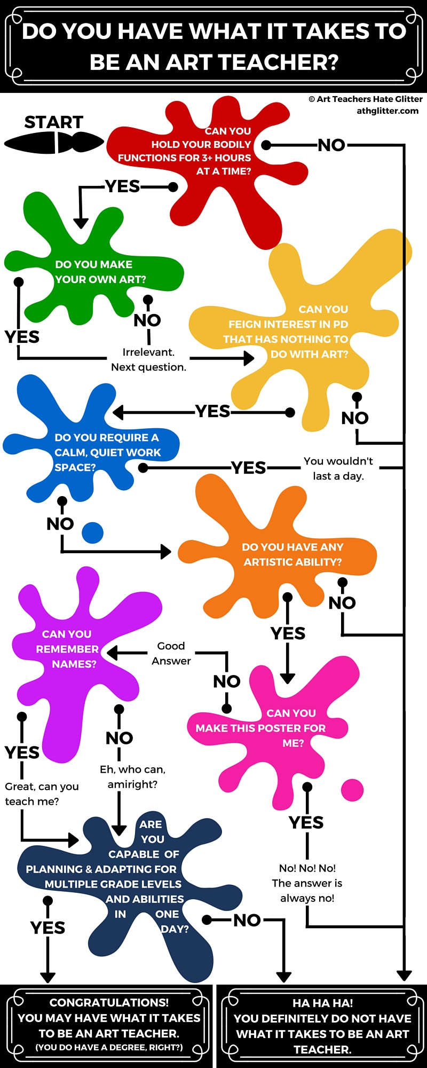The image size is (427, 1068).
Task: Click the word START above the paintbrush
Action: point(54,122)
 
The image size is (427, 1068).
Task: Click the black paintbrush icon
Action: point(54,143)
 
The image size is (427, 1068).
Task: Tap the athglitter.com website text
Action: point(388,111)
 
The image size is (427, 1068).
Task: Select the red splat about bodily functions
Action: point(213,155)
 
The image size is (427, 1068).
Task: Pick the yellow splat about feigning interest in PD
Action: point(299,331)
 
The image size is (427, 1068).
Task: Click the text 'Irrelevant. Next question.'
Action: point(148,360)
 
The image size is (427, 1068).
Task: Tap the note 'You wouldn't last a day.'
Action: point(338,468)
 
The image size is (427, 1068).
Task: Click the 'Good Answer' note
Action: point(171,654)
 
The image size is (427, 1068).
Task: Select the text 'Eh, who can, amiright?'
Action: point(132,777)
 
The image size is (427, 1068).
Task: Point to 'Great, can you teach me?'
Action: point(42,794)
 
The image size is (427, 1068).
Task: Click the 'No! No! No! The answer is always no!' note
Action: point(307,883)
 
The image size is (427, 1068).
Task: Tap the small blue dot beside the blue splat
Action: point(92,532)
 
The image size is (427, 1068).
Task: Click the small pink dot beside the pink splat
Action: point(352,790)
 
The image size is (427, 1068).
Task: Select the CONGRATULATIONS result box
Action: point(109,1025)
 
